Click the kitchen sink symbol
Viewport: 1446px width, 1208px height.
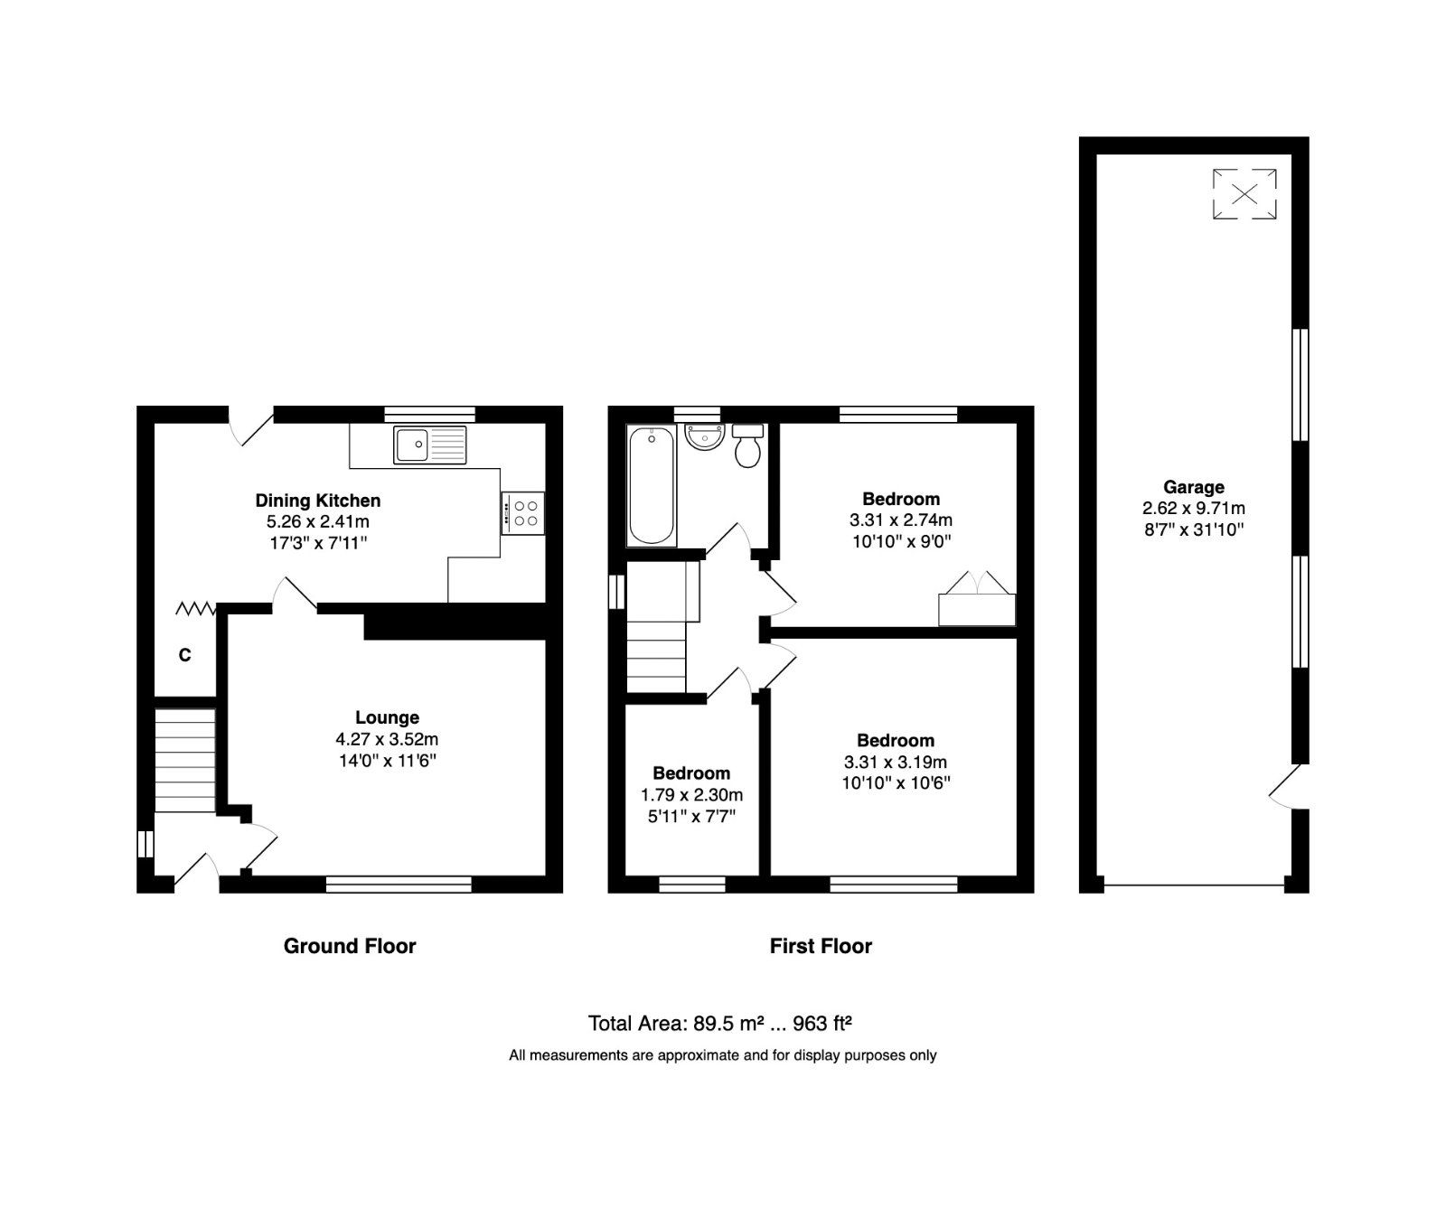(x=430, y=445)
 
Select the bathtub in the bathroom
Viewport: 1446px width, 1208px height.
(x=651, y=486)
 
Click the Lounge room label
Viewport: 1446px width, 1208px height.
(x=387, y=717)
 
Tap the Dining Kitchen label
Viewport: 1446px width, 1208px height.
(x=318, y=501)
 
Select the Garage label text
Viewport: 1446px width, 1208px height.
(x=1194, y=487)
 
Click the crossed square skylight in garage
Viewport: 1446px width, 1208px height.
(x=1244, y=193)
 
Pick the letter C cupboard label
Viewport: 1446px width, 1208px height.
(x=184, y=655)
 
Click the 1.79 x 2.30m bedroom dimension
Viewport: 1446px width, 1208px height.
(x=691, y=795)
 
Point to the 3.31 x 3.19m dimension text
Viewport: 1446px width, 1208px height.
(x=896, y=762)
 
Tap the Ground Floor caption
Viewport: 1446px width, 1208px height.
(x=350, y=946)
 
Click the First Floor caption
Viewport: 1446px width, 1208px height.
(x=821, y=946)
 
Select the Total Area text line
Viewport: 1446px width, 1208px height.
(x=721, y=1024)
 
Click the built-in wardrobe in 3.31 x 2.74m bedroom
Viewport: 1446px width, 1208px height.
(x=977, y=608)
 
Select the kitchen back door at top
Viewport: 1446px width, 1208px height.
(x=250, y=426)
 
